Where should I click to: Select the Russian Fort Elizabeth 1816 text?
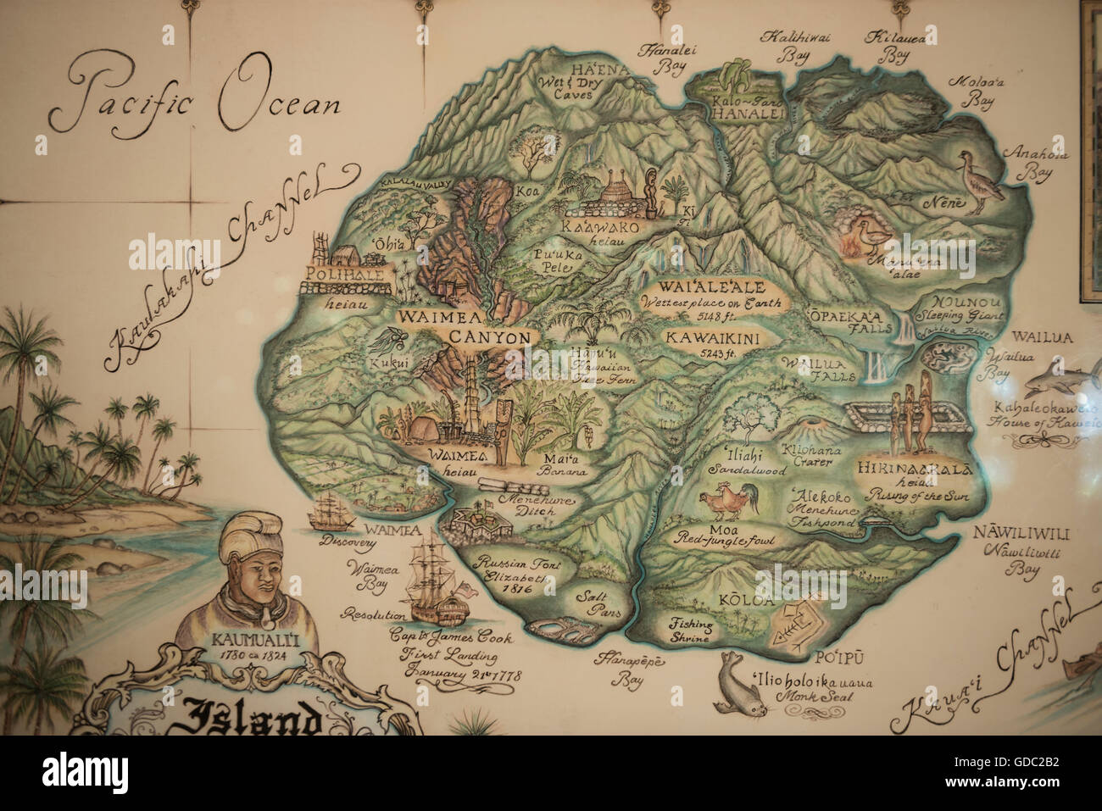pos(507,574)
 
